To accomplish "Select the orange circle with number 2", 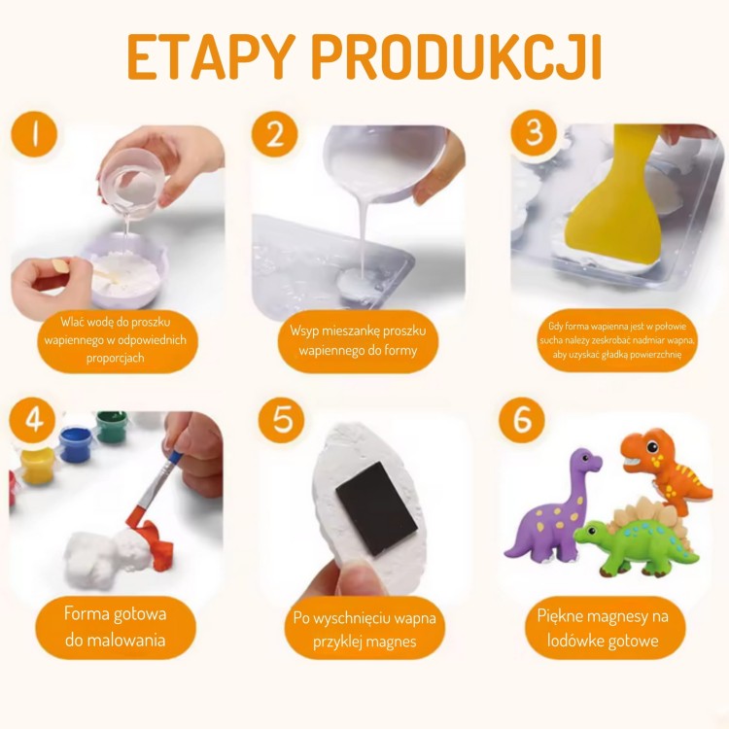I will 274,134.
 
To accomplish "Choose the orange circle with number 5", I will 282,420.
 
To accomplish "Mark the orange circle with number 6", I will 522,420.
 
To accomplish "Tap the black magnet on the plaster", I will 375,507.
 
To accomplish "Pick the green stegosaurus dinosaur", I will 637,539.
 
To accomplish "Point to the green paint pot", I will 111,427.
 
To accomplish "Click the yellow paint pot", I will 37,465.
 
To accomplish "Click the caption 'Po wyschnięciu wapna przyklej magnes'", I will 364,629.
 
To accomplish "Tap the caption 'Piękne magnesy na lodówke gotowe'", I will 606,627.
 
